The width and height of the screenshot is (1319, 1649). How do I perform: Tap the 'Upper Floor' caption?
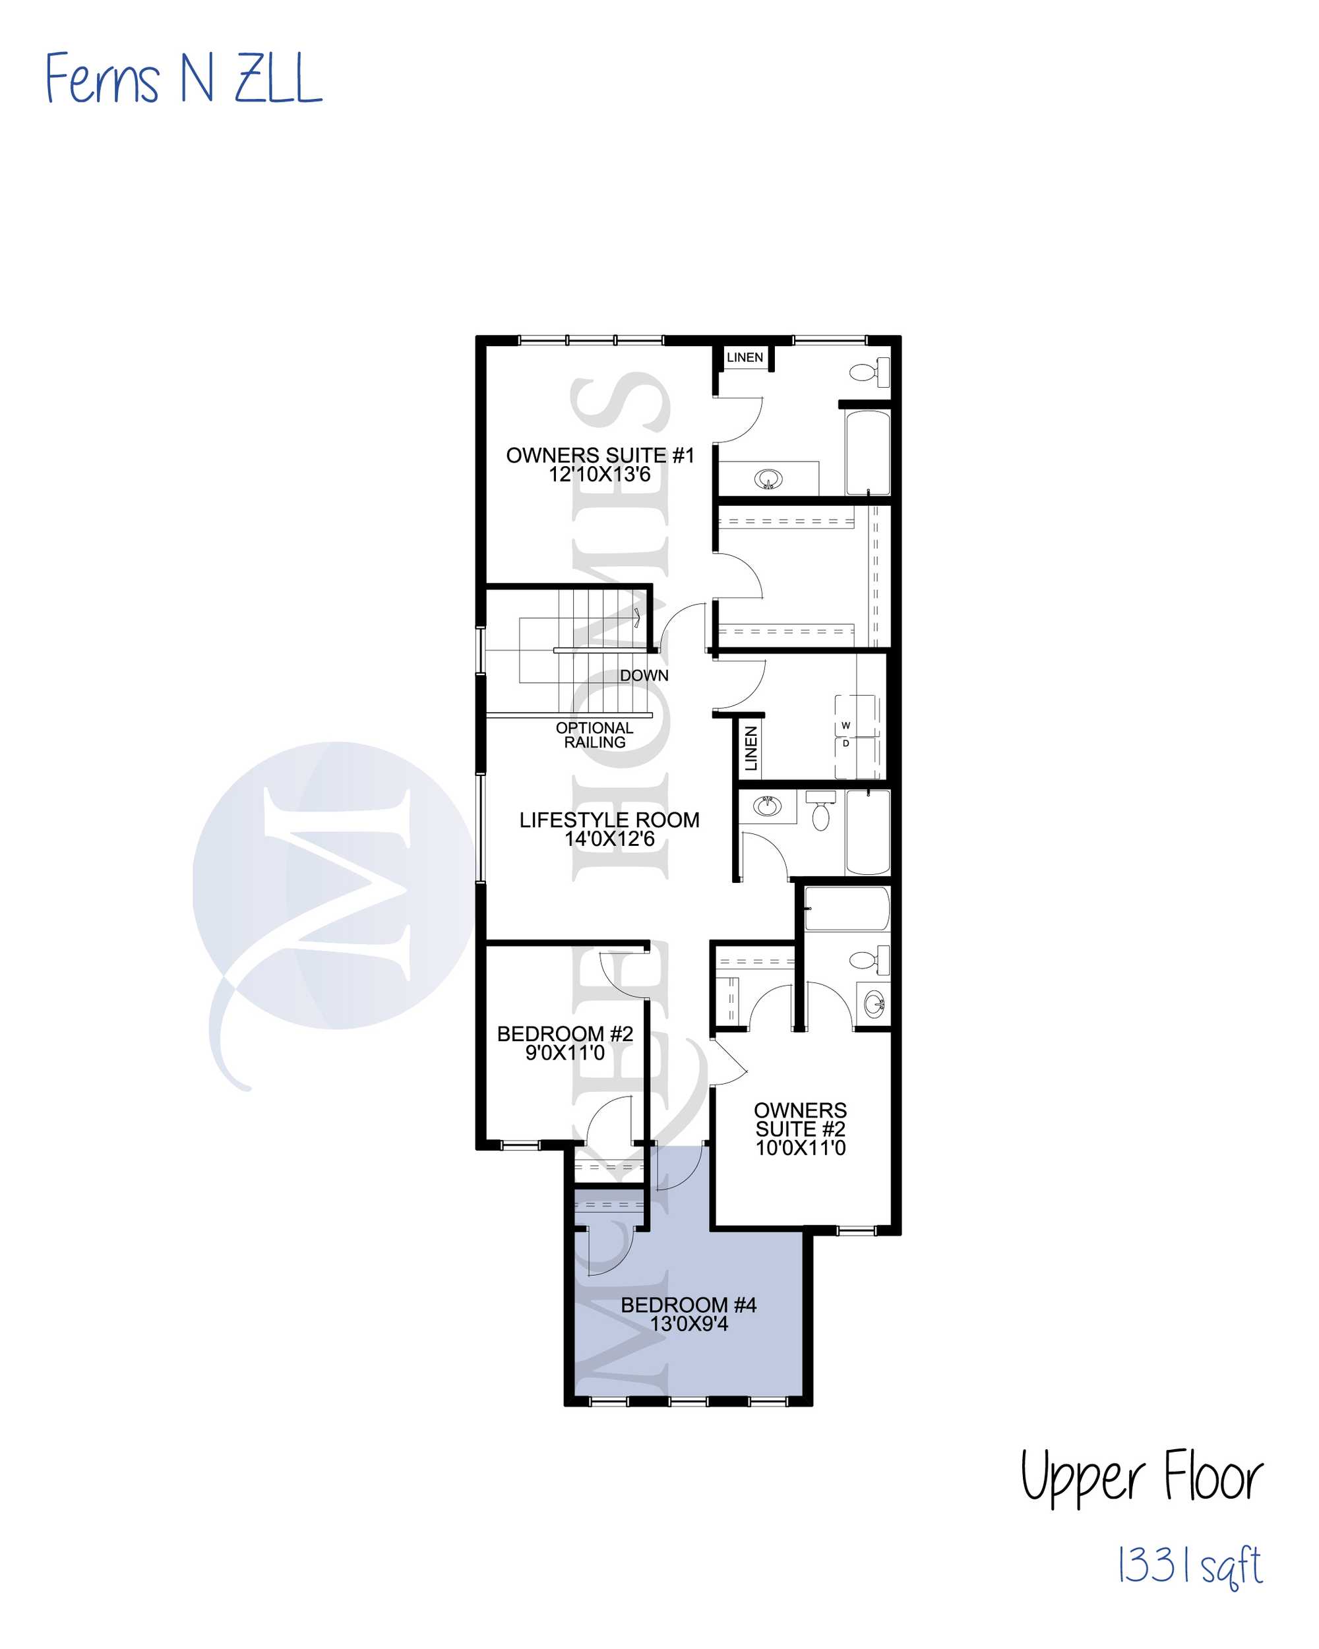point(1141,1477)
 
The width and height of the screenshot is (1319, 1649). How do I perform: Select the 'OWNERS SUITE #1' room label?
point(600,455)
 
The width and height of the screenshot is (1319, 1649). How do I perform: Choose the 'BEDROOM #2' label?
point(565,1034)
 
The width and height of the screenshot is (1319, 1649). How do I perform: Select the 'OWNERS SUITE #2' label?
point(800,1119)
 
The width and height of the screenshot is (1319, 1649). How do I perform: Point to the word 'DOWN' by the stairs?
point(644,675)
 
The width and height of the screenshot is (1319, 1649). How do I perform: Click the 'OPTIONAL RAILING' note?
point(594,735)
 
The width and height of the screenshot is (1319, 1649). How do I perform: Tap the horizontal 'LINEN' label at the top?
point(745,357)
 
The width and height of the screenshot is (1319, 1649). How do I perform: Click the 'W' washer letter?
point(845,725)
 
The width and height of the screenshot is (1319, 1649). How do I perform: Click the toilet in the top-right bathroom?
point(869,373)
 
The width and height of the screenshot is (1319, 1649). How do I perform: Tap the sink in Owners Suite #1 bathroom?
point(768,479)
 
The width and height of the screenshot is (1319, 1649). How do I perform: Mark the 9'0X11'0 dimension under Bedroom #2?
point(565,1053)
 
